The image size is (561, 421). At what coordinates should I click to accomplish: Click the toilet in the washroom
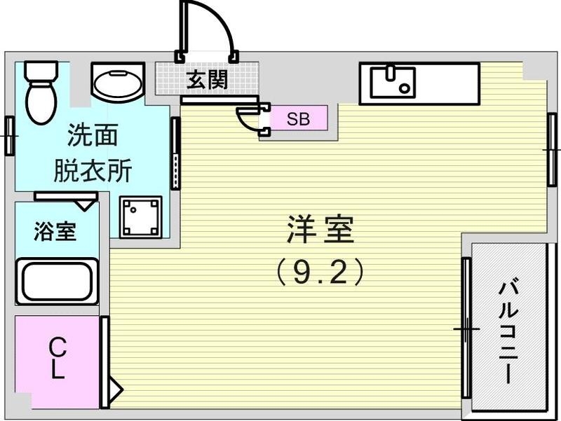[40, 91]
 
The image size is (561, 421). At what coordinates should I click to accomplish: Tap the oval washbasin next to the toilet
[117, 85]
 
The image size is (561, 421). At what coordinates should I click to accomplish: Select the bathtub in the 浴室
[57, 282]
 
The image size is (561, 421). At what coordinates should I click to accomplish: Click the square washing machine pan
[140, 217]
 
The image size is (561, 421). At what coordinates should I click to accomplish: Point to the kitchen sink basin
[393, 81]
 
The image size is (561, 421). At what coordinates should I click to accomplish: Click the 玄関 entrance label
[206, 79]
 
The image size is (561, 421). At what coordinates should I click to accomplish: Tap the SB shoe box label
[298, 118]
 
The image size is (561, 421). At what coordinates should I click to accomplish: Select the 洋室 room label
[319, 230]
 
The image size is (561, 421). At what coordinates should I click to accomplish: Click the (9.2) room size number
[320, 272]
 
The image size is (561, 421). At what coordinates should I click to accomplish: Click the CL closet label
[58, 358]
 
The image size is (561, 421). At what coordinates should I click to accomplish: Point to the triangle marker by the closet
[116, 387]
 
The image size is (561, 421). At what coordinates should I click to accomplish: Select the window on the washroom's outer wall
[9, 135]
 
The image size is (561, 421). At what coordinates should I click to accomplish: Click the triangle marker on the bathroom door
[87, 204]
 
